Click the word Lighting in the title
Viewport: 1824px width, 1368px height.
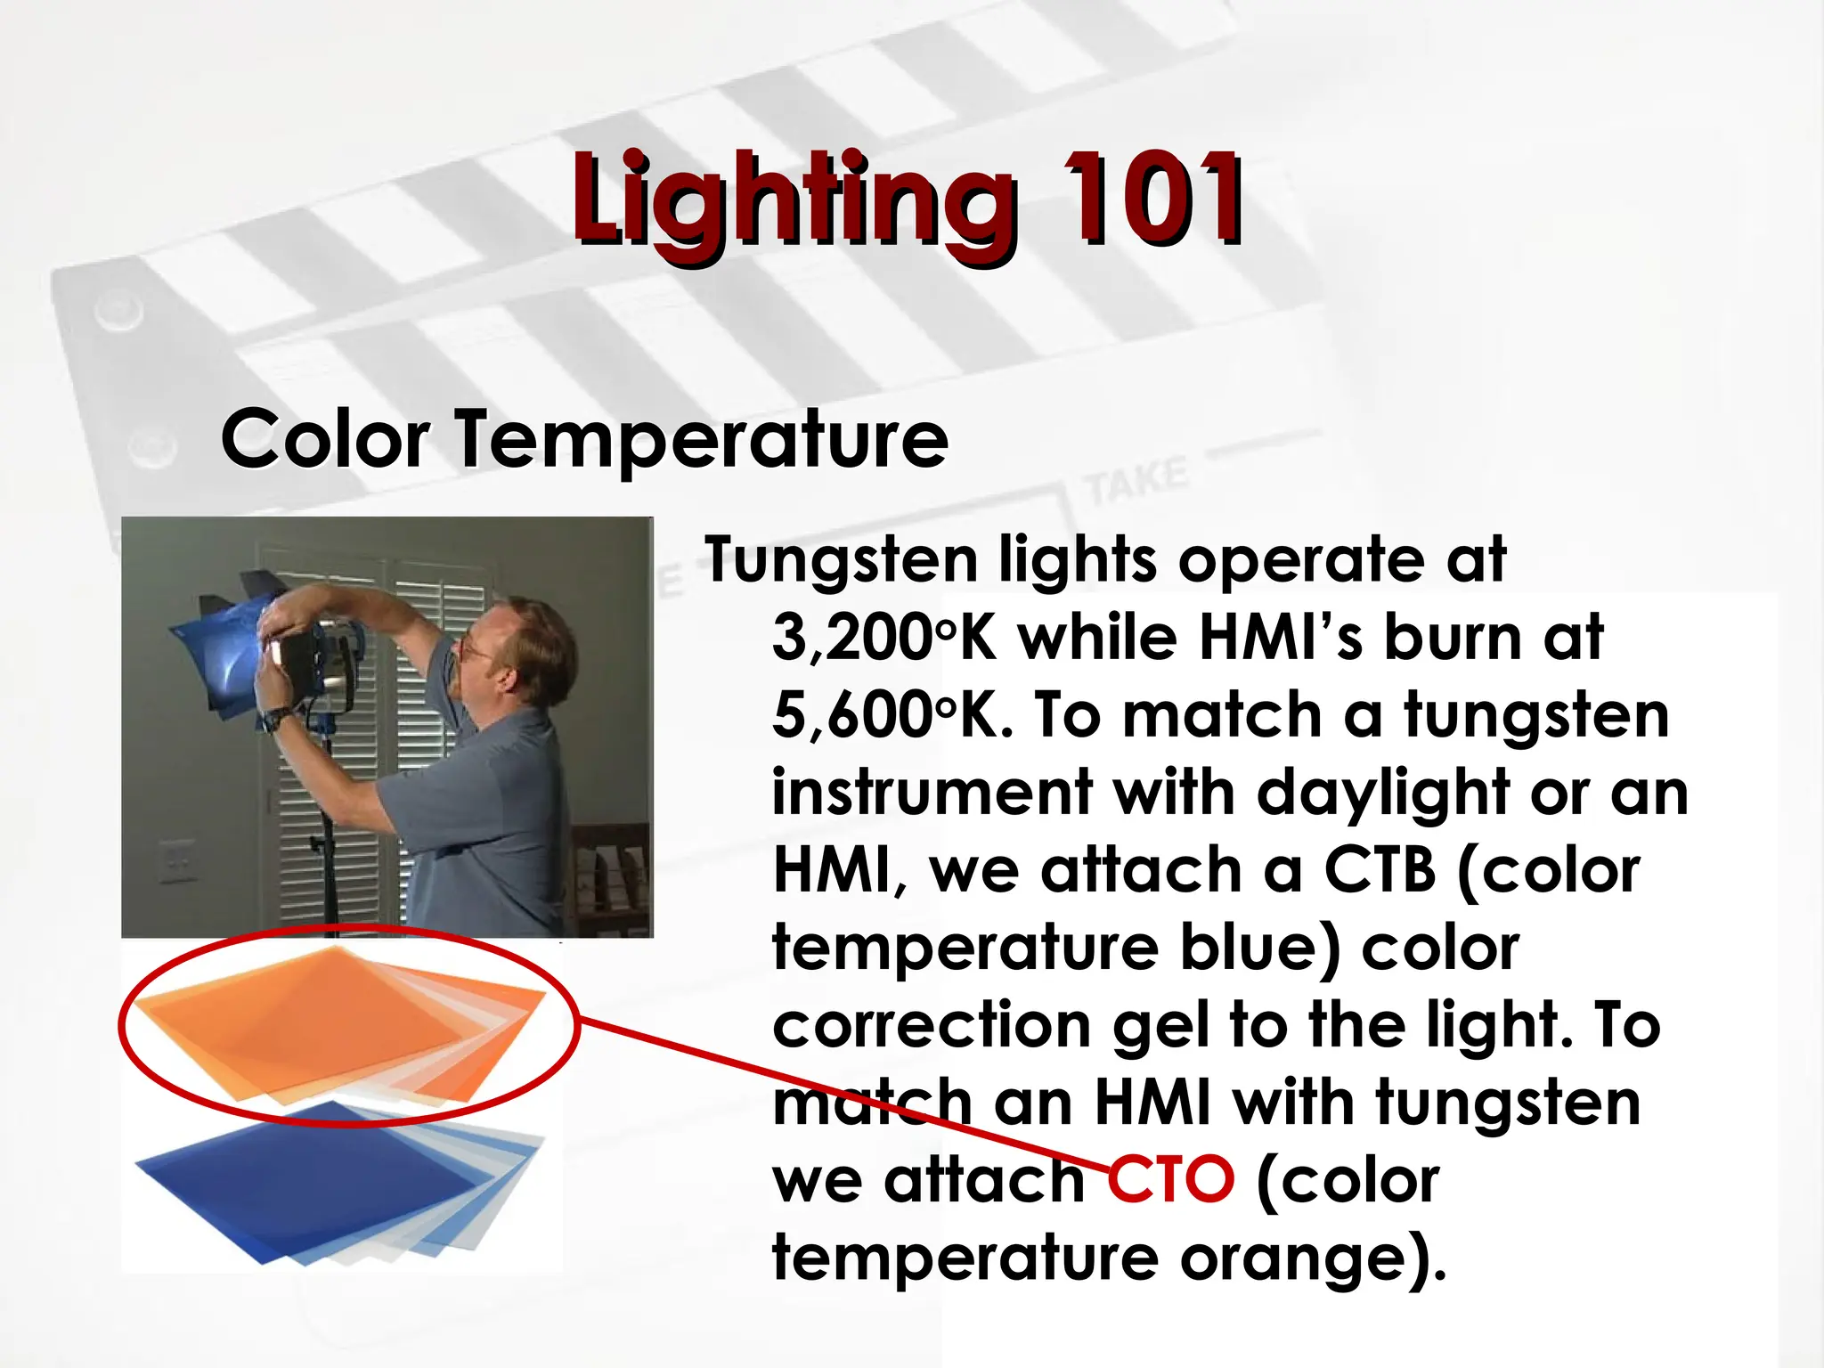pos(793,200)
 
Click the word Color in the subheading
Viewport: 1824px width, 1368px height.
pos(325,438)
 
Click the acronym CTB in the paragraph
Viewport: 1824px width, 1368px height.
pos(1380,869)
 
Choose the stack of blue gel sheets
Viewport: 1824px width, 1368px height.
pos(338,1180)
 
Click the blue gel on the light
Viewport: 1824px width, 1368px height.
pos(223,650)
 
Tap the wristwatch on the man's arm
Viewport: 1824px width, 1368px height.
pos(277,718)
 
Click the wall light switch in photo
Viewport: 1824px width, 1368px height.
pos(177,859)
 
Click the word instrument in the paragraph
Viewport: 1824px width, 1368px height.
pos(932,793)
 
